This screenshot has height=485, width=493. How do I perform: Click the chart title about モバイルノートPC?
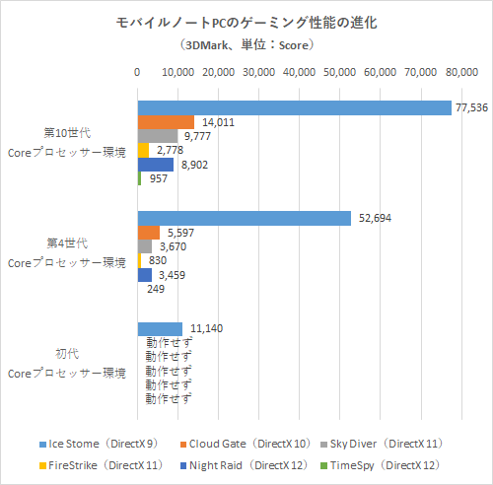pyautogui.click(x=246, y=23)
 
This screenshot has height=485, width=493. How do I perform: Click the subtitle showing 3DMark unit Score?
pyautogui.click(x=246, y=44)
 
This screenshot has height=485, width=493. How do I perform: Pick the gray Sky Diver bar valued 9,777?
pyautogui.click(x=157, y=136)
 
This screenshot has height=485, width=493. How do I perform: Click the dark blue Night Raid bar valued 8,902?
pyautogui.click(x=155, y=165)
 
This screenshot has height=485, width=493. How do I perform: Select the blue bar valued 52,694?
pyautogui.click(x=244, y=218)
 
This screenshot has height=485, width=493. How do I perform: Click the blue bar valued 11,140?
pyautogui.click(x=160, y=328)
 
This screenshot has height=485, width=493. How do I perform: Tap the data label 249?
pyautogui.click(x=155, y=289)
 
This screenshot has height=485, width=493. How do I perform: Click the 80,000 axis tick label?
pyautogui.click(x=461, y=73)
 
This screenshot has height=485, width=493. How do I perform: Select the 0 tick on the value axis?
pyautogui.click(x=137, y=73)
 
